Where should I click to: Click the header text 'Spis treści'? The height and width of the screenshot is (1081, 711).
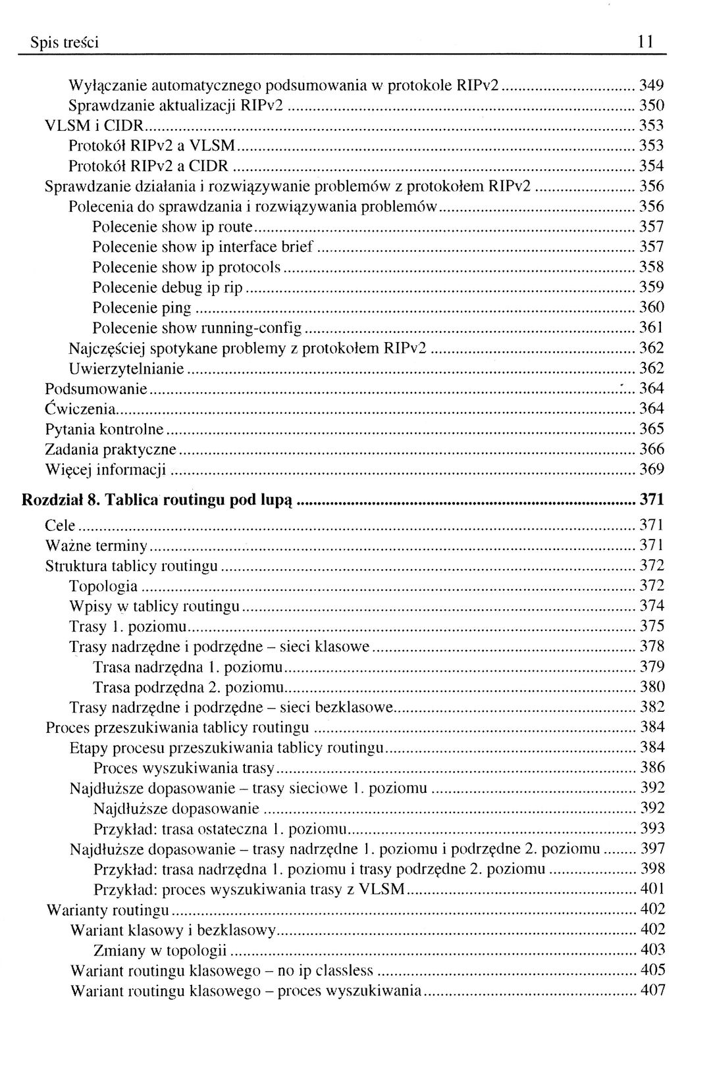(65, 43)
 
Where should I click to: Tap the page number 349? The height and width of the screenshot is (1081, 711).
(652, 85)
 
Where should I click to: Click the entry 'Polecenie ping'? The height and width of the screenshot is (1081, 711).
(142, 308)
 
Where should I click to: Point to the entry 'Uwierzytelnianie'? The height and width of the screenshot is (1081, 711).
(126, 368)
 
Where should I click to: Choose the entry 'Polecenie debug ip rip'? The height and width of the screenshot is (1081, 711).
(167, 288)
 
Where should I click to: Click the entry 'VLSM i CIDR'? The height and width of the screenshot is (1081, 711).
(93, 126)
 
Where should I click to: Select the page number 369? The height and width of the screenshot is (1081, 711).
(652, 470)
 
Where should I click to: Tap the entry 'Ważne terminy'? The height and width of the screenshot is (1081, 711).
(96, 545)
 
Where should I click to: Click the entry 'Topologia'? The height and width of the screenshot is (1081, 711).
(103, 586)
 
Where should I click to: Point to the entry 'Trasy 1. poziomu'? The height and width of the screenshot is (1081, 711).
(128, 626)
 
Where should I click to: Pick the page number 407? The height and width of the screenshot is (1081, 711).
(652, 990)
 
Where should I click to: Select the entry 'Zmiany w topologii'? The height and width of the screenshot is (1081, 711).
(160, 950)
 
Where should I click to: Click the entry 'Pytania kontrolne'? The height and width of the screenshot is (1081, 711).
(104, 430)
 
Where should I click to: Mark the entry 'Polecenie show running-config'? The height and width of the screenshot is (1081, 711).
(197, 328)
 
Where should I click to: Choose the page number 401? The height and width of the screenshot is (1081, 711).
(652, 890)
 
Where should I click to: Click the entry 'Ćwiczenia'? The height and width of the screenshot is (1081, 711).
(80, 409)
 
